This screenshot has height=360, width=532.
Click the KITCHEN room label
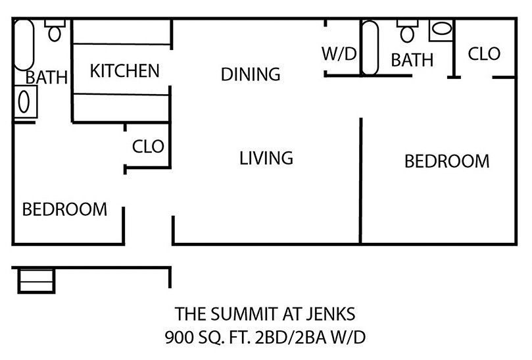[x=124, y=70]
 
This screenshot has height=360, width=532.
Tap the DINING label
[x=251, y=74]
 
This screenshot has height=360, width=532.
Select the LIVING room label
[x=266, y=158]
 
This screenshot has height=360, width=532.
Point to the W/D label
[x=339, y=54]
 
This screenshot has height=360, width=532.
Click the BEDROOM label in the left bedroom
[x=64, y=209]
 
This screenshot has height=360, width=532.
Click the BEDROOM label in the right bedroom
[x=447, y=161]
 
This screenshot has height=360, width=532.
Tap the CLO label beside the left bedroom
[x=148, y=146]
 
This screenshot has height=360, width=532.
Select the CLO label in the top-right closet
[x=484, y=54]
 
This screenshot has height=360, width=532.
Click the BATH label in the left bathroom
[x=47, y=77]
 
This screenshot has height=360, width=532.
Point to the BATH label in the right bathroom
[x=412, y=60]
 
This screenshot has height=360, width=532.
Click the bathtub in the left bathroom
[x=24, y=45]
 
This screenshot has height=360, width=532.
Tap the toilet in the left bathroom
[x=55, y=30]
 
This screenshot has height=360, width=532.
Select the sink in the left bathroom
[x=25, y=102]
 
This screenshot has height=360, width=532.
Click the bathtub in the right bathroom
[x=370, y=48]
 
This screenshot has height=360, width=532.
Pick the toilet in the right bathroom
[x=407, y=31]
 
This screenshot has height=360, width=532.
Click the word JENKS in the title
[x=331, y=314]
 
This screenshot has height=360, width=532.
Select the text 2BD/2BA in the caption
[x=291, y=337]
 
